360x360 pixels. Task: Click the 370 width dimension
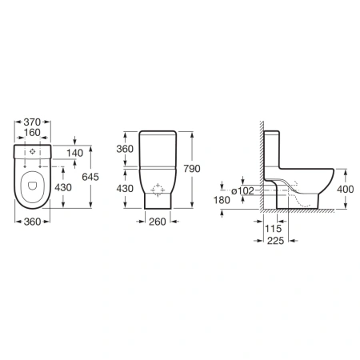click(32, 122)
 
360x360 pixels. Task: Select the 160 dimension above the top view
click(32, 133)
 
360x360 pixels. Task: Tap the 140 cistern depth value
click(74, 153)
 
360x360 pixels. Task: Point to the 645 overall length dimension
click(90, 177)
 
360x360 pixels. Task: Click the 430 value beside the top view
click(63, 188)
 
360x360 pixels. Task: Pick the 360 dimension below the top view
click(32, 222)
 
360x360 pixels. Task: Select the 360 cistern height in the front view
click(125, 149)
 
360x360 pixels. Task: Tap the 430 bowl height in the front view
click(125, 189)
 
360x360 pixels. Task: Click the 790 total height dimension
click(192, 169)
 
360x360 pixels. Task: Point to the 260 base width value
click(158, 222)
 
